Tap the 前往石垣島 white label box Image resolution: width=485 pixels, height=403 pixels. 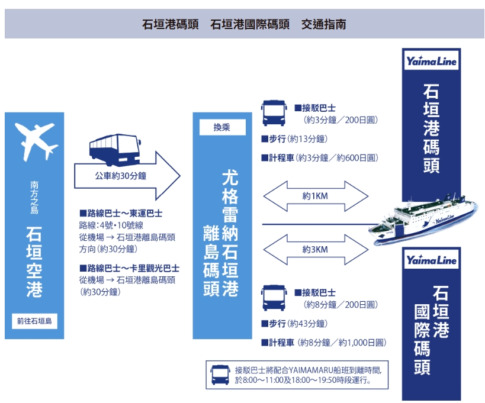(x=34, y=321)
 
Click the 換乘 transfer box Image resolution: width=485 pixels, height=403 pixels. (x=223, y=127)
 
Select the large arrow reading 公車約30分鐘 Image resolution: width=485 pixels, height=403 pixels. (x=127, y=176)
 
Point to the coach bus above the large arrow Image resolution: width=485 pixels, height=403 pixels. (x=115, y=150)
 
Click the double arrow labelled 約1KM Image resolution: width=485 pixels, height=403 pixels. (x=316, y=196)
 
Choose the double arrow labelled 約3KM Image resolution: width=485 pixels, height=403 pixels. (x=316, y=250)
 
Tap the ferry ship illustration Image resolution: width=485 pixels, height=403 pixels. (x=423, y=220)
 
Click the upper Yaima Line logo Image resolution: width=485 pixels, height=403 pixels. (x=431, y=61)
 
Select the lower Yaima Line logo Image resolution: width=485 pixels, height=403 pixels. (x=431, y=260)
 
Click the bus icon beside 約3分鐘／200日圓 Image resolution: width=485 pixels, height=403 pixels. (x=274, y=113)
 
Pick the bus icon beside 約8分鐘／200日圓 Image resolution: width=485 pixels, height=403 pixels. (x=274, y=298)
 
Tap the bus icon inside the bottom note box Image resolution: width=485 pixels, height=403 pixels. (x=220, y=375)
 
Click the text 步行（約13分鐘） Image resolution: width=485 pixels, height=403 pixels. (x=294, y=139)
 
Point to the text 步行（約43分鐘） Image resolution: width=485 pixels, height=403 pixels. (x=294, y=324)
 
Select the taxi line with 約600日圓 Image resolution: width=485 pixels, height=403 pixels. (x=320, y=158)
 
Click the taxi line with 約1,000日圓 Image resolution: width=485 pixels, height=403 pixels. (x=324, y=343)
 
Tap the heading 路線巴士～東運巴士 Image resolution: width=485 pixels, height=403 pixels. (x=121, y=213)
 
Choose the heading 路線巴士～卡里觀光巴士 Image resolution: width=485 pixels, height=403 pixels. (x=129, y=268)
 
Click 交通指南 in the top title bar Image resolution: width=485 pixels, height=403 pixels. (x=323, y=24)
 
